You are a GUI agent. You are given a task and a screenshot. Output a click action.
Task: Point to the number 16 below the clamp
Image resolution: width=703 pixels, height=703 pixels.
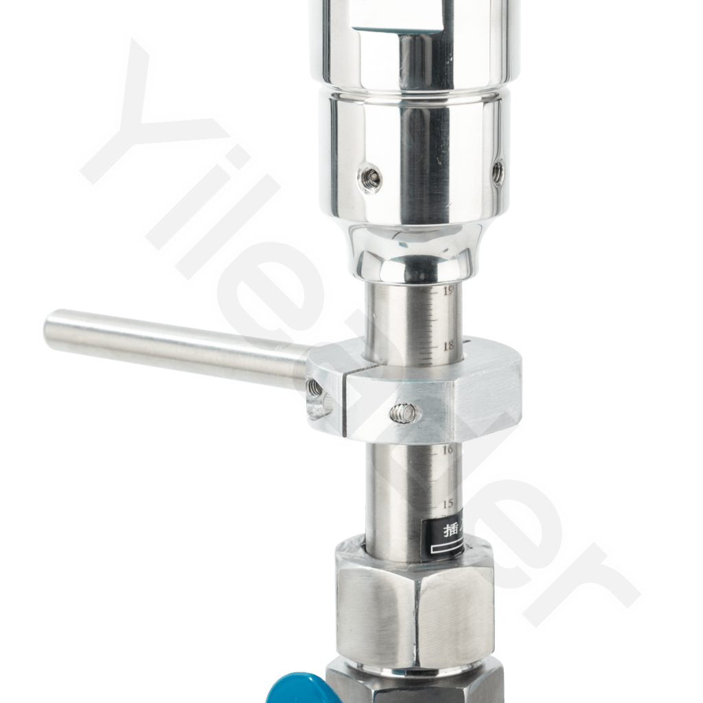(x=449, y=450)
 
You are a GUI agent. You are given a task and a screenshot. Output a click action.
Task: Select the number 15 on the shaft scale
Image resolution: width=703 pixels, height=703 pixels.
(x=448, y=504)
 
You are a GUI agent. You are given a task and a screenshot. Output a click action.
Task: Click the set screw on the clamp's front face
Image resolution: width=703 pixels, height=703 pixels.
(x=402, y=413)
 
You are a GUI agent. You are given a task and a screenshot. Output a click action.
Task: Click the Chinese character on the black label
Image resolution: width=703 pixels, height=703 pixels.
(x=435, y=529)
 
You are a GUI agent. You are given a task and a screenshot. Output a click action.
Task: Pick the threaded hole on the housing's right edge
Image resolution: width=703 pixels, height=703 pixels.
(x=499, y=169)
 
